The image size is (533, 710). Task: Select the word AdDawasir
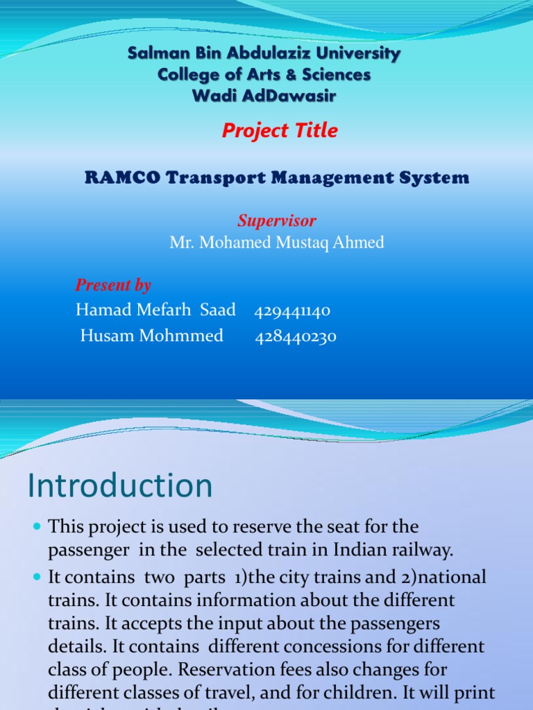(x=290, y=96)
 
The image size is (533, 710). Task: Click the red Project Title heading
(x=280, y=130)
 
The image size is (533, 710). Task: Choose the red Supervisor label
(x=277, y=221)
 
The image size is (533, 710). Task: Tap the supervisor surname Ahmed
(x=359, y=243)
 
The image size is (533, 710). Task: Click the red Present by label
(x=113, y=285)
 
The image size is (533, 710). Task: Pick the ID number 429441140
(x=292, y=311)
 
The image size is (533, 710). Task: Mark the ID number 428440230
(x=296, y=337)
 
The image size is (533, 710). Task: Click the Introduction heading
(x=120, y=485)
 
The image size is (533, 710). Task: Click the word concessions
(x=315, y=648)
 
